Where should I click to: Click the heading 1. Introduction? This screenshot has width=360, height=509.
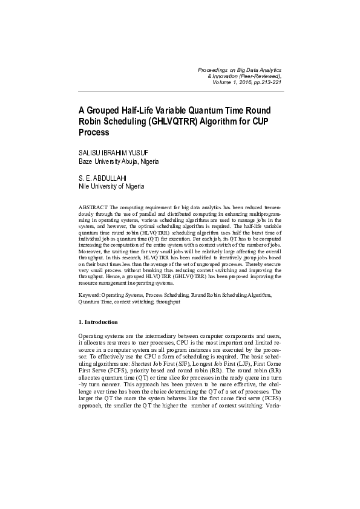pos(98,322)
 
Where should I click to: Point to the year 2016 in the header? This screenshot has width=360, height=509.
pos(245,82)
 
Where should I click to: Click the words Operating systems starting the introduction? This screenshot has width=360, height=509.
pos(102,335)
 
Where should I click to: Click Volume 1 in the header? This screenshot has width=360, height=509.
pos(223,82)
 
